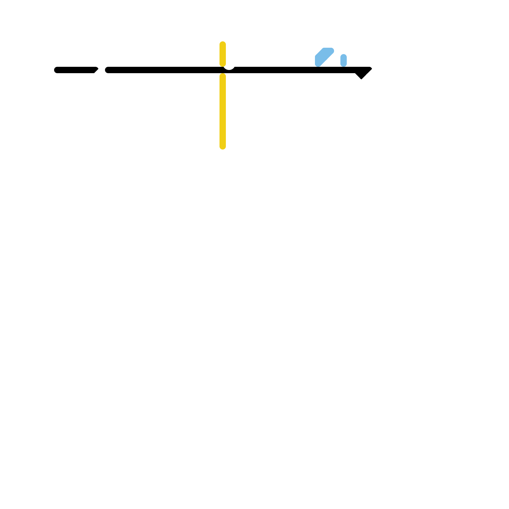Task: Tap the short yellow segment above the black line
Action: coord(223,53)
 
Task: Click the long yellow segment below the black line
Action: coord(223,111)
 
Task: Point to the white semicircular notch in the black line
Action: coord(229,67)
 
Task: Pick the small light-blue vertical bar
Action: coord(344,60)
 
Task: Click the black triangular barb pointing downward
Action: coord(361,75)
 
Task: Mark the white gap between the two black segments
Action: coord(101,70)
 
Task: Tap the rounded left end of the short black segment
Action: coord(56,70)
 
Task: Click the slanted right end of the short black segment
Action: coord(96,70)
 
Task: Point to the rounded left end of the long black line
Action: coord(107,70)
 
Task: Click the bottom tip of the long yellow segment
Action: coord(223,148)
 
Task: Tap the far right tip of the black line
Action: coord(371,68)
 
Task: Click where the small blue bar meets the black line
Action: coord(344,66)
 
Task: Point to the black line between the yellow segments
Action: coord(223,70)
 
